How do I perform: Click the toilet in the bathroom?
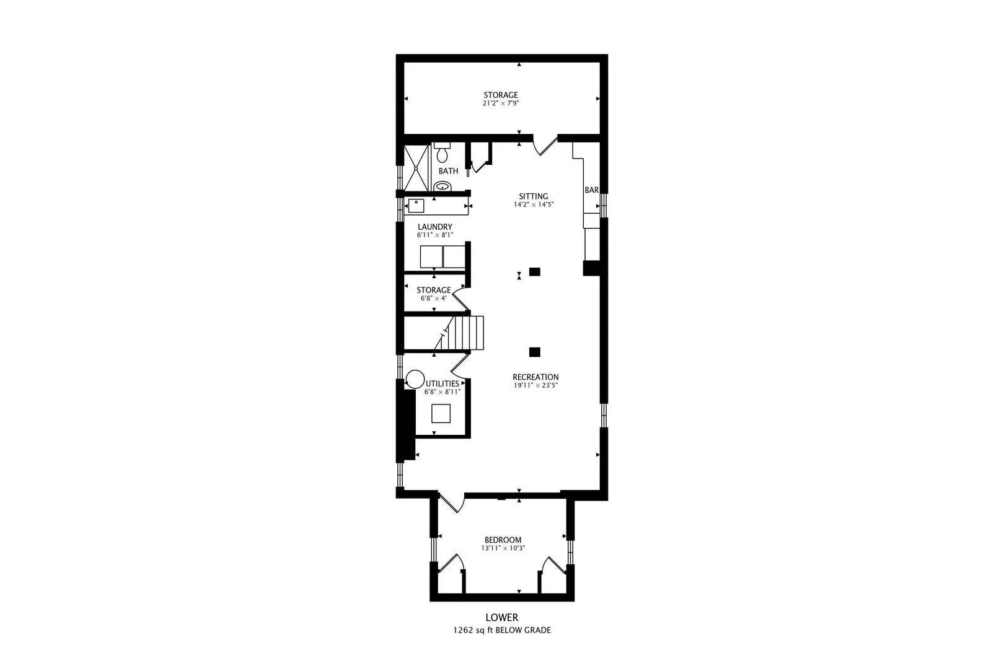[x=442, y=153]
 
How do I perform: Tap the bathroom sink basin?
[x=443, y=186]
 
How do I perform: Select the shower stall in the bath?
[x=416, y=168]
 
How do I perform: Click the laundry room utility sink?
[x=416, y=206]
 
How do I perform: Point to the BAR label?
[x=592, y=190]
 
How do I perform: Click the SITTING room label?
[x=534, y=196]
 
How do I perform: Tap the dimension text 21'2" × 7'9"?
[x=501, y=103]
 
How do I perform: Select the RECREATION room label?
[x=535, y=377]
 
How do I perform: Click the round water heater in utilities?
[x=415, y=379]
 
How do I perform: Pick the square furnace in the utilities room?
[x=441, y=414]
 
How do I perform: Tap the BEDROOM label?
[x=503, y=540]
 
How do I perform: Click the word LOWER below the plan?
[x=502, y=618]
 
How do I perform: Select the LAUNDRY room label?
[x=435, y=227]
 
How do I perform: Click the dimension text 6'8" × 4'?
[x=433, y=298]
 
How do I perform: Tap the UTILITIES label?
[x=443, y=383]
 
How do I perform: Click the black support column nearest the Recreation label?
[x=534, y=352]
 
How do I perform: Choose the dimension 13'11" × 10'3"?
[x=503, y=548]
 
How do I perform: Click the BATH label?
[x=448, y=171]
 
